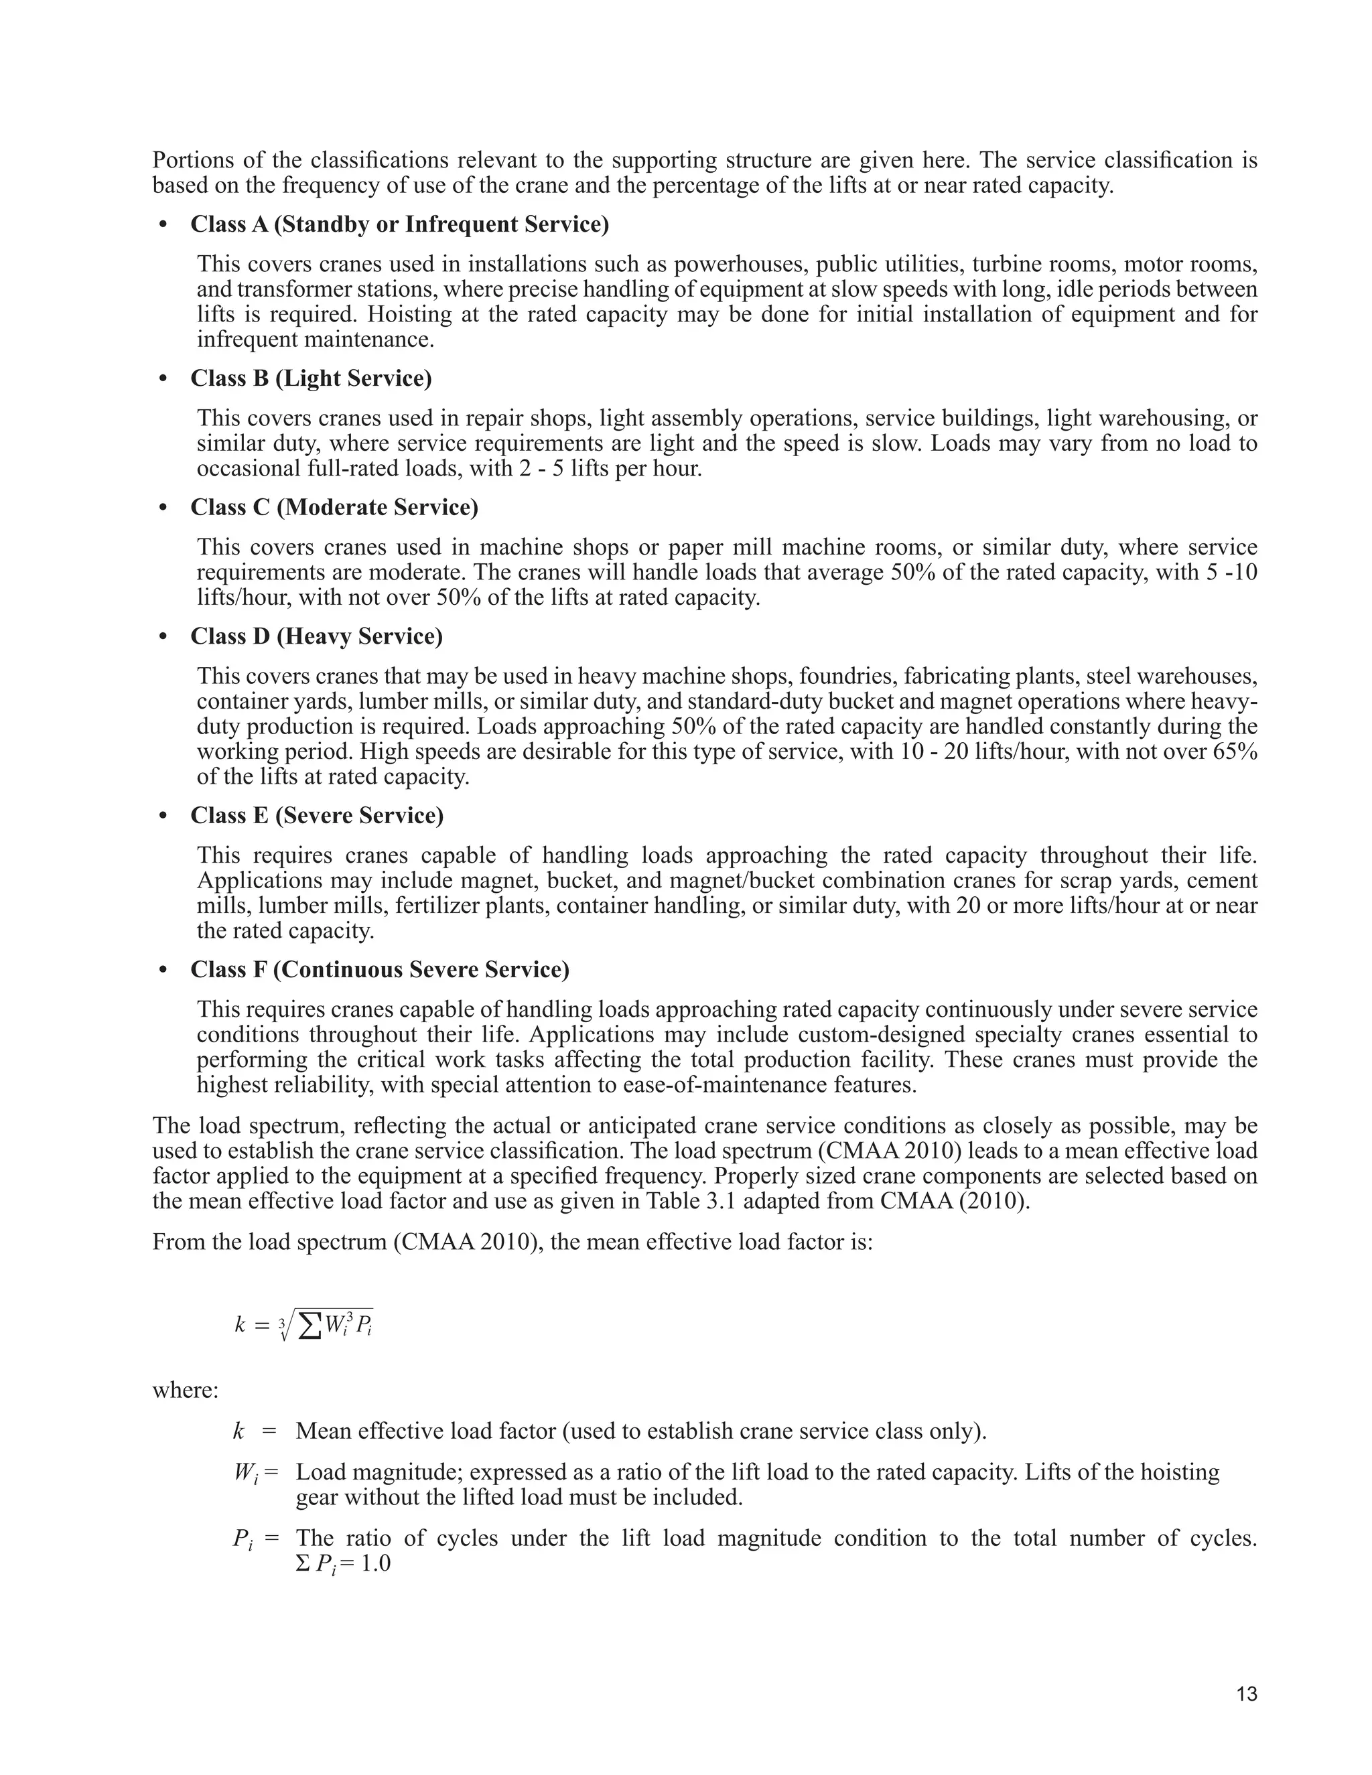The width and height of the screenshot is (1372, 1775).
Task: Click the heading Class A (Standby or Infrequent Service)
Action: click(x=399, y=224)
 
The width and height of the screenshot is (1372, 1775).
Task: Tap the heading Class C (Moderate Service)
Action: click(x=334, y=507)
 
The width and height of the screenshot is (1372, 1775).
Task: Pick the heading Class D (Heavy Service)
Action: click(x=316, y=636)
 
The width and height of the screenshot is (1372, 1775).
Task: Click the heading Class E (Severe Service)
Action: click(x=317, y=815)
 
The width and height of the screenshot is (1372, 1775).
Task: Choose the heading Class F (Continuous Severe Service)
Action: click(x=380, y=970)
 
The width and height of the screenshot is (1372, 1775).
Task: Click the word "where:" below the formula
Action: click(x=186, y=1391)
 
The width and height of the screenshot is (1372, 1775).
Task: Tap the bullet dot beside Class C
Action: click(x=163, y=508)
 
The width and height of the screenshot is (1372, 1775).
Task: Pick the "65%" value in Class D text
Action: click(x=1235, y=751)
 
